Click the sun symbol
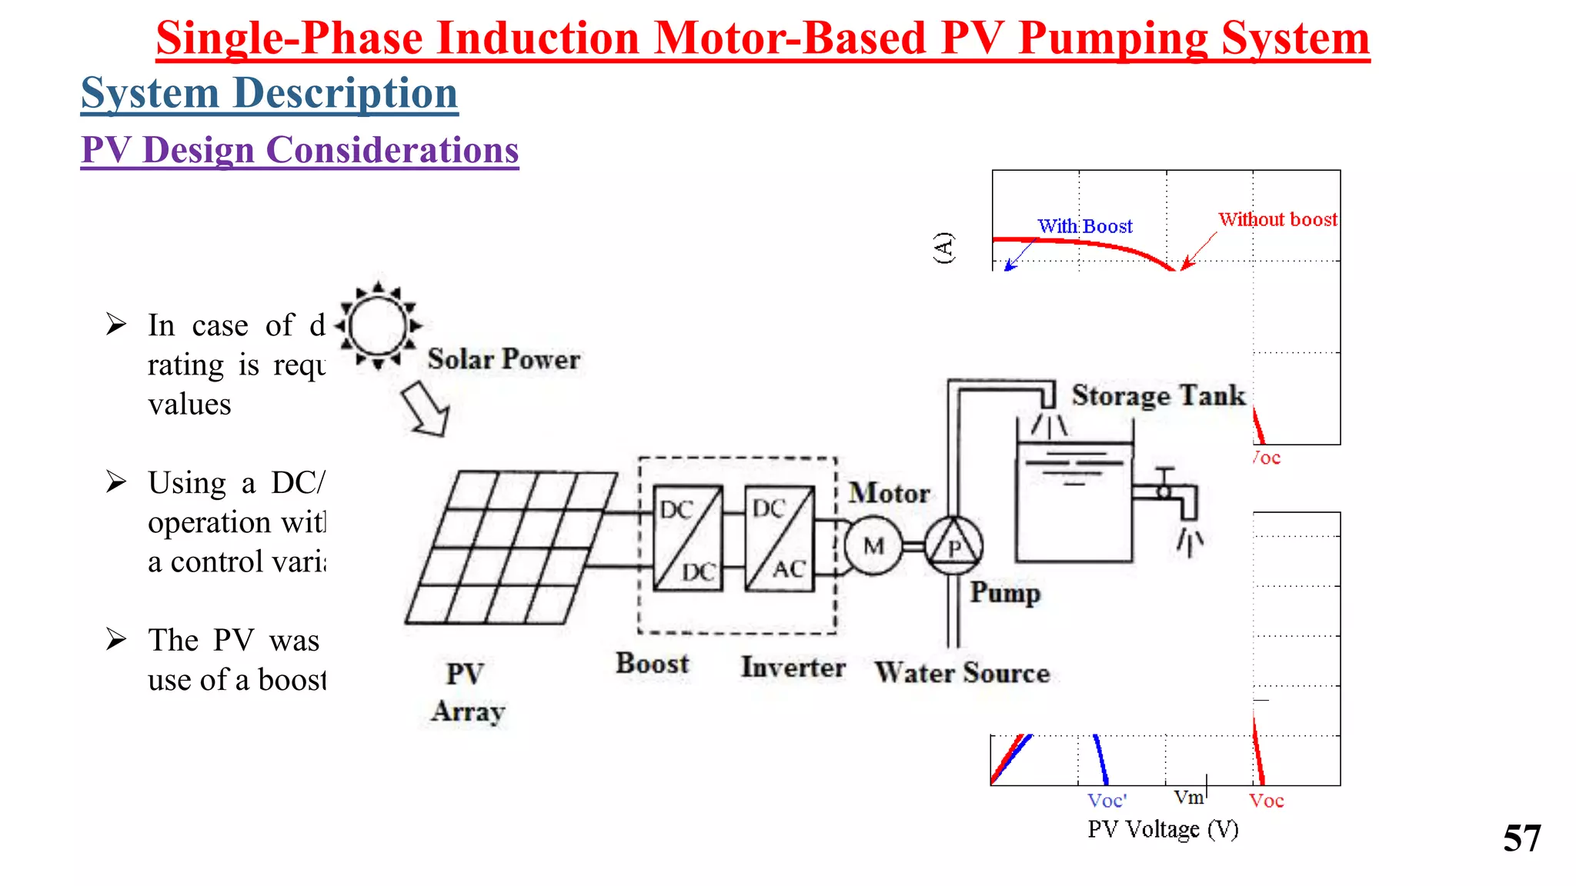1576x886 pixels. click(378, 326)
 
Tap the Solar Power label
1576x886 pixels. click(504, 359)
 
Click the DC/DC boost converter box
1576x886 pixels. click(687, 538)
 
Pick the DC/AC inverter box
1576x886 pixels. click(779, 538)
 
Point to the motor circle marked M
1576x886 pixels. click(873, 546)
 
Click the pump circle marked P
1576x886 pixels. click(953, 546)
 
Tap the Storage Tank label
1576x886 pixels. click(1158, 395)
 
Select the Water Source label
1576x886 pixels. click(962, 673)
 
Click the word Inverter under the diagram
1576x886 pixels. click(793, 667)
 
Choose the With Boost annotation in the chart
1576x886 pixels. click(1085, 226)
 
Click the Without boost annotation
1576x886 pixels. click(1277, 219)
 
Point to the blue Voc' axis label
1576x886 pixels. click(1107, 801)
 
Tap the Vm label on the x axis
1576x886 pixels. click(1189, 798)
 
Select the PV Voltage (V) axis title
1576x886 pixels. click(1163, 829)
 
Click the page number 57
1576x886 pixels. click(1521, 838)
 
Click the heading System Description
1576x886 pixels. click(269, 94)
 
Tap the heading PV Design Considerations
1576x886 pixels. click(300, 150)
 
